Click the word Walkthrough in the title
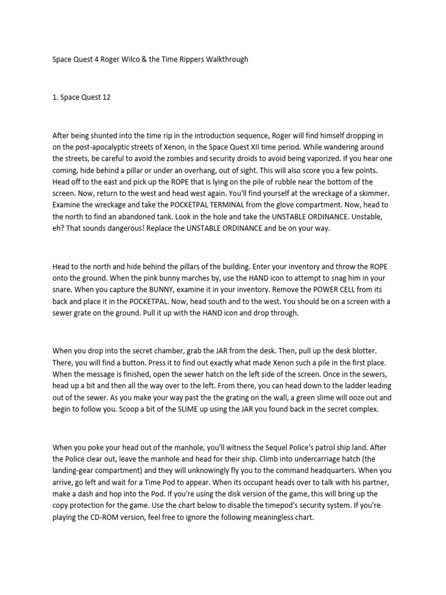coord(225,59)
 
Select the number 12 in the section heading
coord(105,97)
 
